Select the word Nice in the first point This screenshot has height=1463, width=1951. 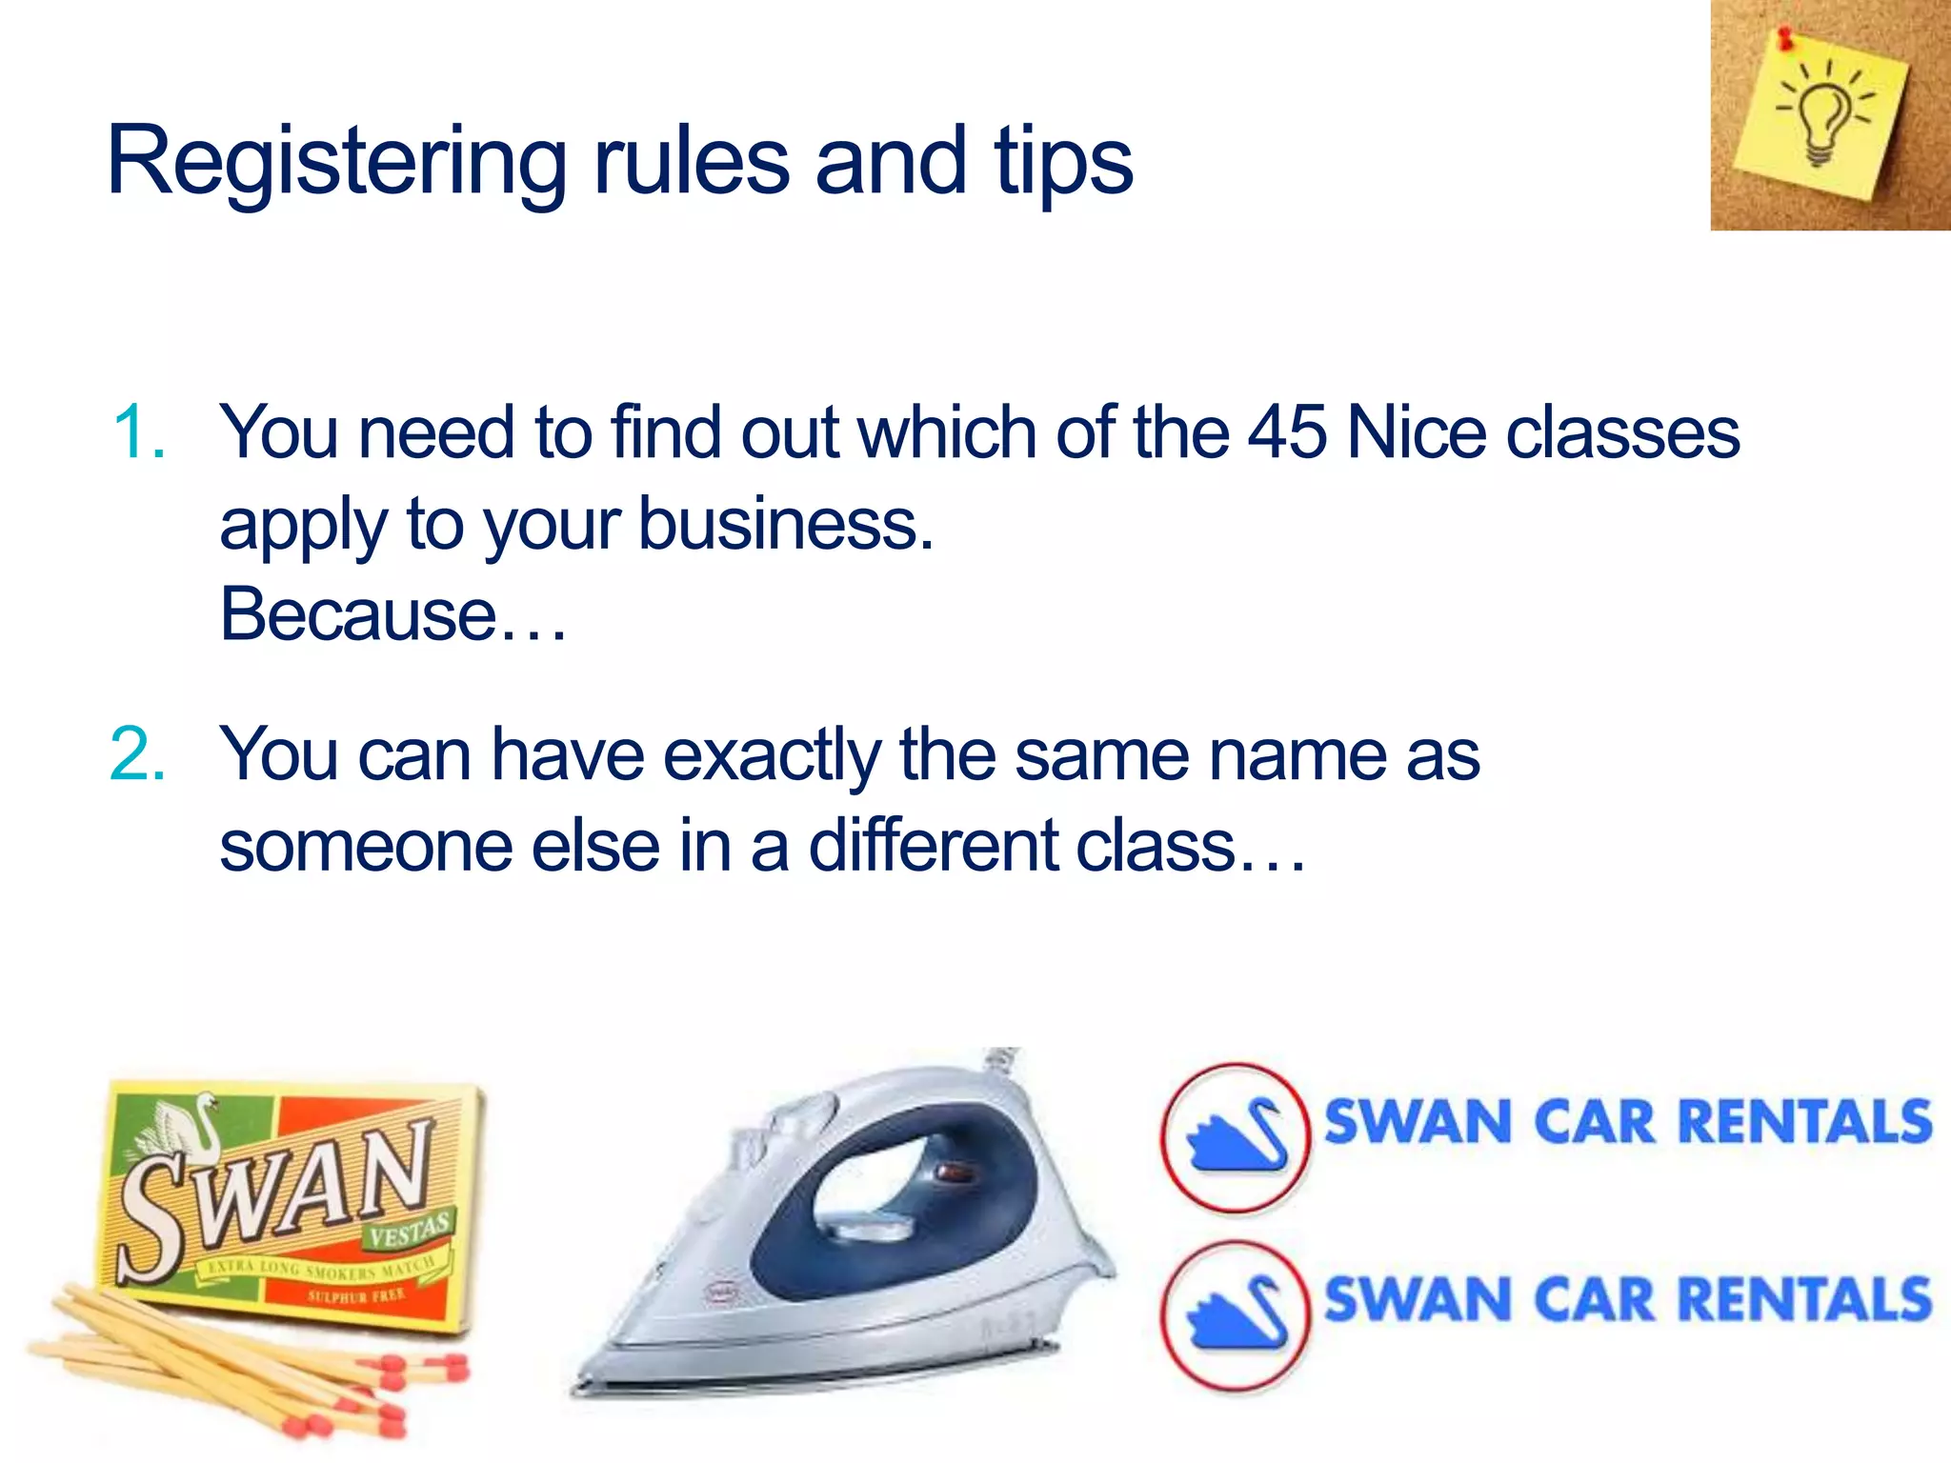coord(1417,432)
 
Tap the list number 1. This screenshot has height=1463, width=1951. coord(138,433)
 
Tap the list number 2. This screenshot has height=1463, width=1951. coord(138,755)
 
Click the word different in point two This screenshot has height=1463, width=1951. coord(934,846)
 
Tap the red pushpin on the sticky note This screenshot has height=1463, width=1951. coord(1784,39)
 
